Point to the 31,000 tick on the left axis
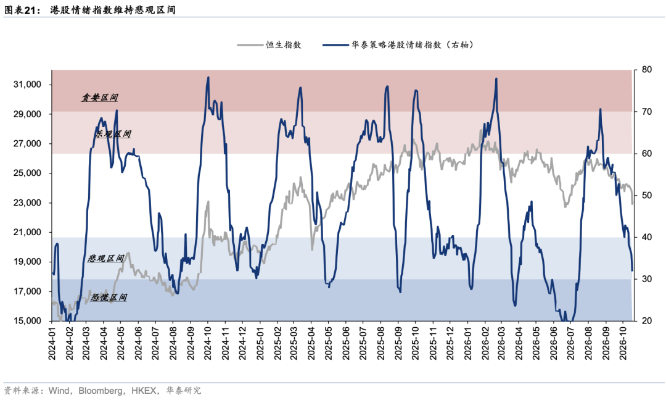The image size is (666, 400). tap(27, 85)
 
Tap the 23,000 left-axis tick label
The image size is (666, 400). tap(27, 202)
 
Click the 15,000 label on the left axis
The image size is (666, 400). tap(27, 321)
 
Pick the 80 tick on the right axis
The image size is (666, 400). tap(646, 69)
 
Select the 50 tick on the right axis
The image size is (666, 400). tap(646, 196)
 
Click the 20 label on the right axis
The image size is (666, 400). tap(646, 321)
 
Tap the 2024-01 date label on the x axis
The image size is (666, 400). tap(52, 343)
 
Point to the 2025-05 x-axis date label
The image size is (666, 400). tap(328, 343)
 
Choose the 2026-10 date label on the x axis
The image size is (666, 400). tap(623, 343)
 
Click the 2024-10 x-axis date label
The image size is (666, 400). tap(207, 343)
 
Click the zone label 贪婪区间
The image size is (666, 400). tap(100, 98)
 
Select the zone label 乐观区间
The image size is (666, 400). tap(113, 134)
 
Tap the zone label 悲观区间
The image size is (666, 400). tap(106, 258)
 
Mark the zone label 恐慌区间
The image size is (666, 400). tap(109, 297)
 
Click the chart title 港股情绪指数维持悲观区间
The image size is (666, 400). tap(113, 10)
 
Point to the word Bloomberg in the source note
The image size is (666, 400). tap(101, 390)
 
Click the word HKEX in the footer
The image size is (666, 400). tap(144, 390)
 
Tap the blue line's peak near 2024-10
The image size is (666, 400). tap(208, 77)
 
